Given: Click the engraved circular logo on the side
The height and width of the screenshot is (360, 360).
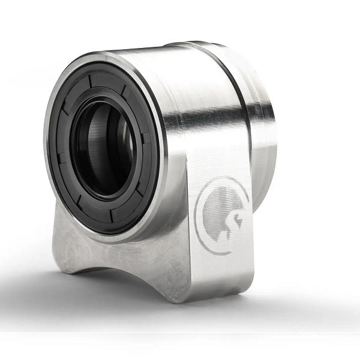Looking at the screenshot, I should click(223, 214).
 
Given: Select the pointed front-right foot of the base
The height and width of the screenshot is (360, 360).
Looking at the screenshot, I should click(180, 294).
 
